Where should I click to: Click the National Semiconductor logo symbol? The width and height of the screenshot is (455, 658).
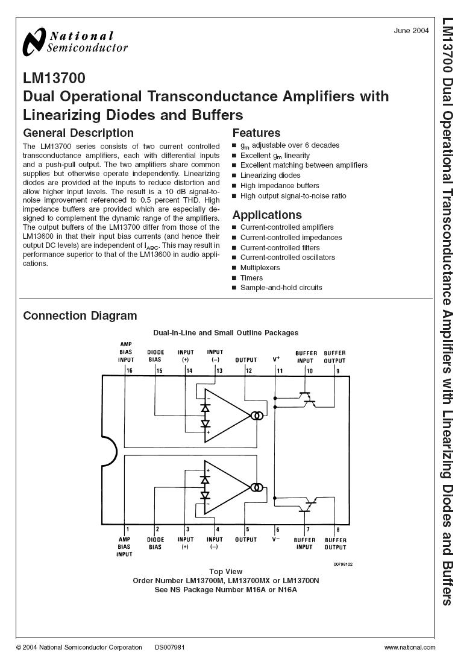(x=34, y=42)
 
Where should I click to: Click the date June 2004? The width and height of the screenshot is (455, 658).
(x=411, y=31)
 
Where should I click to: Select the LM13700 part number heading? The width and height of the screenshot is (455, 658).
(x=54, y=78)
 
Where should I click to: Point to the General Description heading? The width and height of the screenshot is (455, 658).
(x=78, y=133)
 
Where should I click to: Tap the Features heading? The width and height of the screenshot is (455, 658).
(x=256, y=133)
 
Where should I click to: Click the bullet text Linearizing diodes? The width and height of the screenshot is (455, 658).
(x=270, y=176)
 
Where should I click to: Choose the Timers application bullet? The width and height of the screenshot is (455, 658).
(x=251, y=278)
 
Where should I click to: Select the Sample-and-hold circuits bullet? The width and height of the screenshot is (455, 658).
(x=281, y=288)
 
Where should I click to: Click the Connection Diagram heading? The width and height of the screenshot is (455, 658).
(x=80, y=315)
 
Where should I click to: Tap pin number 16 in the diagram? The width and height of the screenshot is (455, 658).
(x=129, y=370)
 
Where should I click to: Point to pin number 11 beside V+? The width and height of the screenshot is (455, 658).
(x=280, y=371)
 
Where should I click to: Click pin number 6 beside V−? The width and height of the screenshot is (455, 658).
(x=278, y=530)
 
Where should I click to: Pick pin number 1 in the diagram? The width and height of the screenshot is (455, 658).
(x=128, y=530)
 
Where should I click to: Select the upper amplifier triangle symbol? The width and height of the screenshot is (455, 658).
(x=227, y=416)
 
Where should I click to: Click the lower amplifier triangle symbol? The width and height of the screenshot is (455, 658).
(x=227, y=488)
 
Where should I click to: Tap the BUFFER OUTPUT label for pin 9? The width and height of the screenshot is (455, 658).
(x=334, y=357)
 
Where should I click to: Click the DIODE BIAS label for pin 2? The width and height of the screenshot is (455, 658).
(x=155, y=543)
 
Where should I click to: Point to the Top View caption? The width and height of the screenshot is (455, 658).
(x=225, y=572)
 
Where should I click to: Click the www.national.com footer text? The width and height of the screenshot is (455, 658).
(x=410, y=648)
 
